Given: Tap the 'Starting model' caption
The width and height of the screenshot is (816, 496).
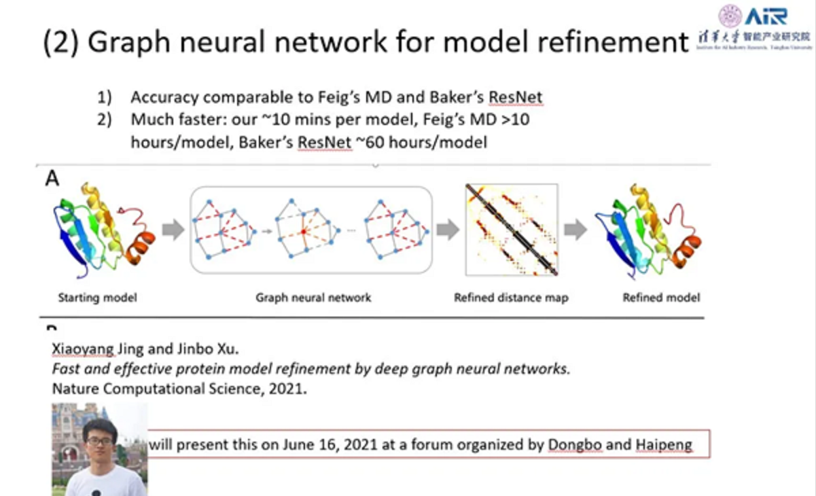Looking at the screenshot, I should coord(97,298).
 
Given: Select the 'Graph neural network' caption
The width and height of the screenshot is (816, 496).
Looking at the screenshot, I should coord(313,298).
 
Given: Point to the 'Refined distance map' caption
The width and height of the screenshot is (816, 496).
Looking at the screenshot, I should coord(511,298).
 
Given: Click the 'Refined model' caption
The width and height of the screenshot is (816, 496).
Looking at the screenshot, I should coord(661,298).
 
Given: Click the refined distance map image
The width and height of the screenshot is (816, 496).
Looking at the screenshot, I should coord(512,230).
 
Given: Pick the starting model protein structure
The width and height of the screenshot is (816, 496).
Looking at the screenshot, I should coord(102,228).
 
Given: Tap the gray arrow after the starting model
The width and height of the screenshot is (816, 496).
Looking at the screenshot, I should coord(174,230).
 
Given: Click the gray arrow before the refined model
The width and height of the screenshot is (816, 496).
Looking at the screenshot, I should coord(575,230).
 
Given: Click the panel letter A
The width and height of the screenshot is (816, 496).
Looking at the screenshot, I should coord(52,179).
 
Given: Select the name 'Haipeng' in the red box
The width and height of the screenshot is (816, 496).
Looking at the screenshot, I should coord(664,446).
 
